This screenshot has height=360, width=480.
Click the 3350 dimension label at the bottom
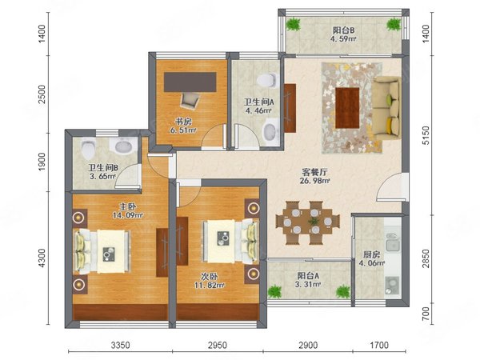coord(120,346)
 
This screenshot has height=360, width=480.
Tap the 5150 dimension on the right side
coord(426,136)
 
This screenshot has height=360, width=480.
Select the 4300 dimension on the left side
coord(42,258)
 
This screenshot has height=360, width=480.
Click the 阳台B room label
coord(343,30)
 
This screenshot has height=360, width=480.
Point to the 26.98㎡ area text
coord(315,181)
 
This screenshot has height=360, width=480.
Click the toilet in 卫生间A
coord(268,80)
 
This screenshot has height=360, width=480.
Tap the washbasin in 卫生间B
coord(124,145)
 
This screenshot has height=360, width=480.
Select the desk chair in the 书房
coord(190,101)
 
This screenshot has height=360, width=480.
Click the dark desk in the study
coord(190,82)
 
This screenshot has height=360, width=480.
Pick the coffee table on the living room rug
coord(347,108)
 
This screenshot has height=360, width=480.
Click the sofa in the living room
coord(387,108)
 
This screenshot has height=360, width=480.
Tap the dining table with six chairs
coord(308,222)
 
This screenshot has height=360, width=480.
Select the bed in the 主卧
coord(102,251)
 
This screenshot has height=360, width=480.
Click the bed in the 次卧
coord(230,241)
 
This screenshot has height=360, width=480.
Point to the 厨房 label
coord(371,254)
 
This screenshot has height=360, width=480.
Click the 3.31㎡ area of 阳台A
coord(309,284)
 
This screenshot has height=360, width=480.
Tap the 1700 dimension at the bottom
coord(379,346)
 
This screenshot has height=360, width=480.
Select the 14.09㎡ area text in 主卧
coord(128,215)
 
